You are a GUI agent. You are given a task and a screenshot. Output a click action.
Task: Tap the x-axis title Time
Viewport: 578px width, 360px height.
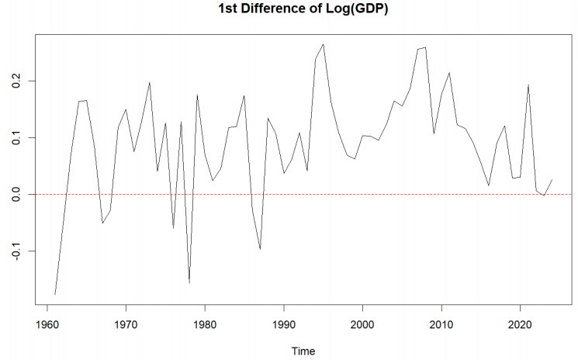tap(303, 351)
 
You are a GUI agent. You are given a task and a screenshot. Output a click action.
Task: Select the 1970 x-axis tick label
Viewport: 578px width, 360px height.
tap(126, 324)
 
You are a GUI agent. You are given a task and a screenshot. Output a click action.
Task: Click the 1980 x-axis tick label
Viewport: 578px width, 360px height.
tap(205, 324)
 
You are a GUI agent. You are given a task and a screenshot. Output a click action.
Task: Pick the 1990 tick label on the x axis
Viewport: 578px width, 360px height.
tap(284, 324)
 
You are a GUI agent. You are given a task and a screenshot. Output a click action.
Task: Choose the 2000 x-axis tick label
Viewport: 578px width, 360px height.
tap(362, 324)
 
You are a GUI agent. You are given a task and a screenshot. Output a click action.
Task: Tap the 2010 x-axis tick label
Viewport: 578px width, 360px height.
tap(441, 324)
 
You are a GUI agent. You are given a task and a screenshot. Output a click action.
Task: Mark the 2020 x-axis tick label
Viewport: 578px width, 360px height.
tap(521, 324)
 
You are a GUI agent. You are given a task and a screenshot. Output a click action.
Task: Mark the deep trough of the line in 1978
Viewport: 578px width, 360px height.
tap(189, 282)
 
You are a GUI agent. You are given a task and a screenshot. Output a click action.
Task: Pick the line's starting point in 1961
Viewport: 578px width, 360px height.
tap(55, 295)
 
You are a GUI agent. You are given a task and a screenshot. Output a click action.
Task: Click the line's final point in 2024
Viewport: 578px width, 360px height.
tap(552, 179)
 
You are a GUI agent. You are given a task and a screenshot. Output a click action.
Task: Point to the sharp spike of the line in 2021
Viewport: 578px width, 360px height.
tap(528, 85)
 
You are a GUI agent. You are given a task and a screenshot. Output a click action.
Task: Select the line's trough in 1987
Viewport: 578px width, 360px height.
tap(260, 249)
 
